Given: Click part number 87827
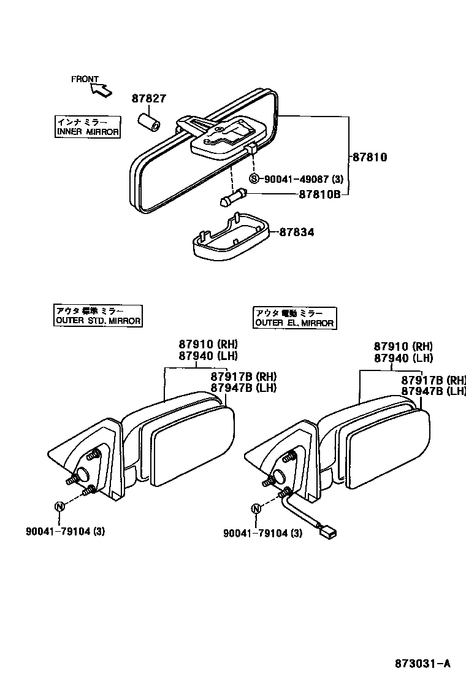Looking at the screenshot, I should click(x=149, y=98).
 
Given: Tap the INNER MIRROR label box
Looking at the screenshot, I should click(x=88, y=127).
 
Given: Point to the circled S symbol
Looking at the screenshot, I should click(x=255, y=179).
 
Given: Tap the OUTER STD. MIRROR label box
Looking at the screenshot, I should click(x=97, y=316).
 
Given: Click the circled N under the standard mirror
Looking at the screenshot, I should click(x=59, y=506).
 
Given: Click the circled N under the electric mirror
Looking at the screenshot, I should click(x=256, y=508).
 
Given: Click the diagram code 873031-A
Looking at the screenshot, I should click(x=422, y=663).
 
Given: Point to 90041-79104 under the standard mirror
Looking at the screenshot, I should click(x=65, y=532).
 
